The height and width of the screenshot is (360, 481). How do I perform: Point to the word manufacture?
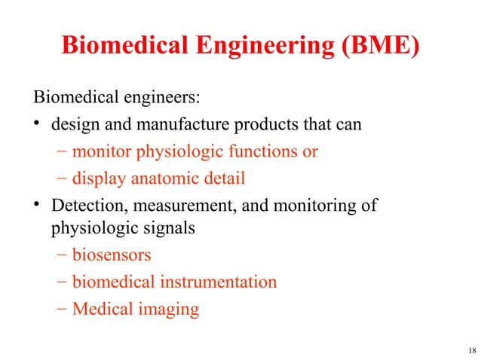coord(166,125)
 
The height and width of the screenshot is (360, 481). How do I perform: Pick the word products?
coord(246,125)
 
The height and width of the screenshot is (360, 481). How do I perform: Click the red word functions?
coord(259,152)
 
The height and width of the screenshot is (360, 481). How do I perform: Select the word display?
coord(96,178)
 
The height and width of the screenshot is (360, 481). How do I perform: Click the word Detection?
coord(84,205)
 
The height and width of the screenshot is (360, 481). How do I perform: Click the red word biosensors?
coord(106,255)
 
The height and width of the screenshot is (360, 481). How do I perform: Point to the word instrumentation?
coord(219,282)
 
